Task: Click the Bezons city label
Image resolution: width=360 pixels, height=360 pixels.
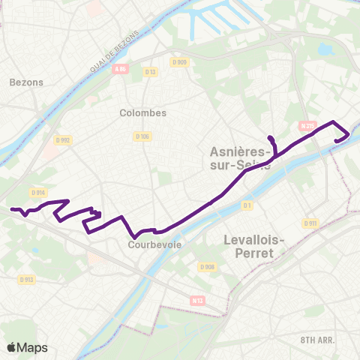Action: (28, 82)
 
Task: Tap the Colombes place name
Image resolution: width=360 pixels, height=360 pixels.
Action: (142, 112)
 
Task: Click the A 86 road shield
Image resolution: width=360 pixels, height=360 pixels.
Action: (121, 69)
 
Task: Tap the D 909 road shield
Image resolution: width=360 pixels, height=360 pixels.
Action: (178, 62)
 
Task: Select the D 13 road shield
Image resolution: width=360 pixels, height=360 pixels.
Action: (150, 72)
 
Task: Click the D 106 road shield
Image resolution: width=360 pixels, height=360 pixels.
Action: (142, 136)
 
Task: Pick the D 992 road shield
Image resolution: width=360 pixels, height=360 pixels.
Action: (62, 139)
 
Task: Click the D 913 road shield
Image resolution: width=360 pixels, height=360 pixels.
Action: (27, 279)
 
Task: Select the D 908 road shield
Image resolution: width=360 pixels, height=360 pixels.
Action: (208, 266)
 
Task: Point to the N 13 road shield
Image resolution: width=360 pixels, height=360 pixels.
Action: (198, 300)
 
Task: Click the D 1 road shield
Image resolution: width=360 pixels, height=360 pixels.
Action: (247, 204)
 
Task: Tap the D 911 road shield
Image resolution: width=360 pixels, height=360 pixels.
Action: (310, 223)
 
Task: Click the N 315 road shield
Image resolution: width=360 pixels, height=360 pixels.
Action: (305, 126)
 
